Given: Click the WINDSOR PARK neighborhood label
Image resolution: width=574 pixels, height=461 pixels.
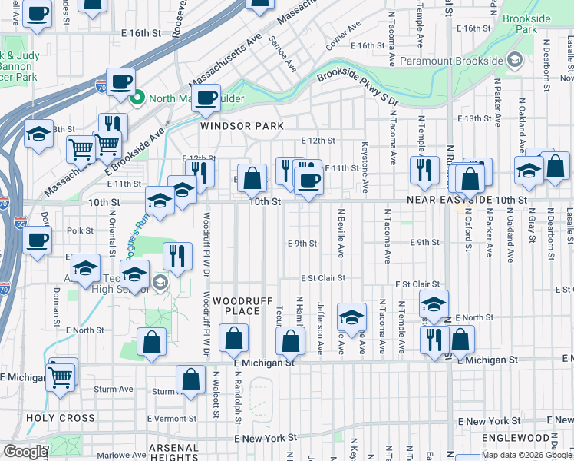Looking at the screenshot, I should point(242,126).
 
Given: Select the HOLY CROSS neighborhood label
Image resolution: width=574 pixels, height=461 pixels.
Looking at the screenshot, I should point(61,419).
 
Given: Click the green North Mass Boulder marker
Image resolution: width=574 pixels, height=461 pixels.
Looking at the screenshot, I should point(137,98).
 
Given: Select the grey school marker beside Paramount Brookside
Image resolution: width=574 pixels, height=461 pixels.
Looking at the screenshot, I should point(514,59).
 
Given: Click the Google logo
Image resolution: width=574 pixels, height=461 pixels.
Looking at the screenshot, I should point(25,452).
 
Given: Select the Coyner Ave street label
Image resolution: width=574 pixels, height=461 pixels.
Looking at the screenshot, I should point(343,37).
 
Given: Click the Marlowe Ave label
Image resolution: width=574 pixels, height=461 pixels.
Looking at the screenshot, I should point(104,453).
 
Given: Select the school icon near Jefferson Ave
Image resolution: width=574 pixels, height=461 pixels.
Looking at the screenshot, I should point(351,317).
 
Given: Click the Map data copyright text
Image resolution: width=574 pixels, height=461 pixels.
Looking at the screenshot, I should point(526,455).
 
